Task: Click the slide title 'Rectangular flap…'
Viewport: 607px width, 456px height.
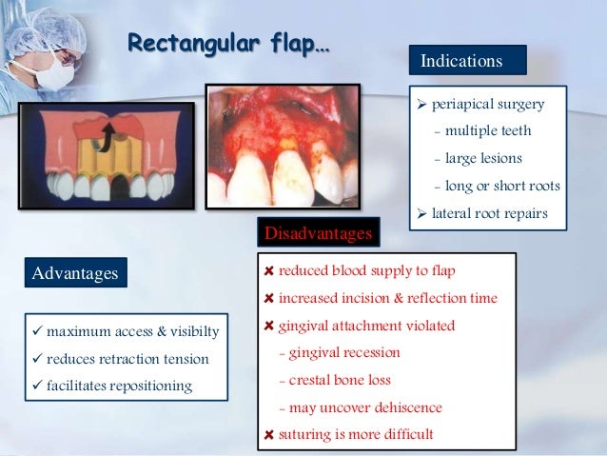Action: [x=228, y=44]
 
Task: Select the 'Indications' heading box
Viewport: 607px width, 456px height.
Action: [x=468, y=61]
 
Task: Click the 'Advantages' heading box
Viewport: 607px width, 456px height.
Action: [x=75, y=273]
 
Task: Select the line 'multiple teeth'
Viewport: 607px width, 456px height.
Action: [x=488, y=130]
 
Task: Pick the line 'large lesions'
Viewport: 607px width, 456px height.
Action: [x=483, y=158]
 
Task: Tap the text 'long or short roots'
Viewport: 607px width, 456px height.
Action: [x=502, y=186]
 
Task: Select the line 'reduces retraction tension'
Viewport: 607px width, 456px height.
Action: [x=127, y=359]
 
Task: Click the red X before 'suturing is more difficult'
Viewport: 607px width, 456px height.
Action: [x=269, y=435]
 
